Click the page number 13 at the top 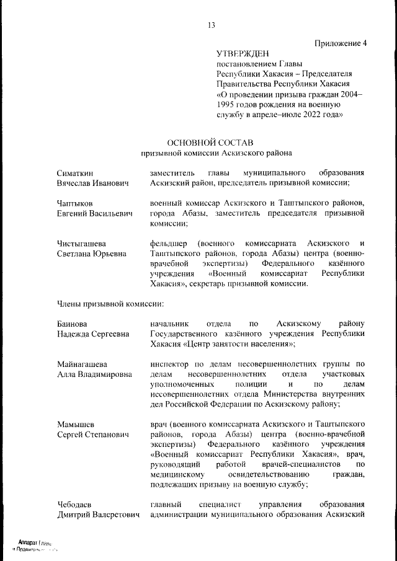tap(211, 25)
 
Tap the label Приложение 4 tap(341, 43)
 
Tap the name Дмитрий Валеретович tap(97, 514)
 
